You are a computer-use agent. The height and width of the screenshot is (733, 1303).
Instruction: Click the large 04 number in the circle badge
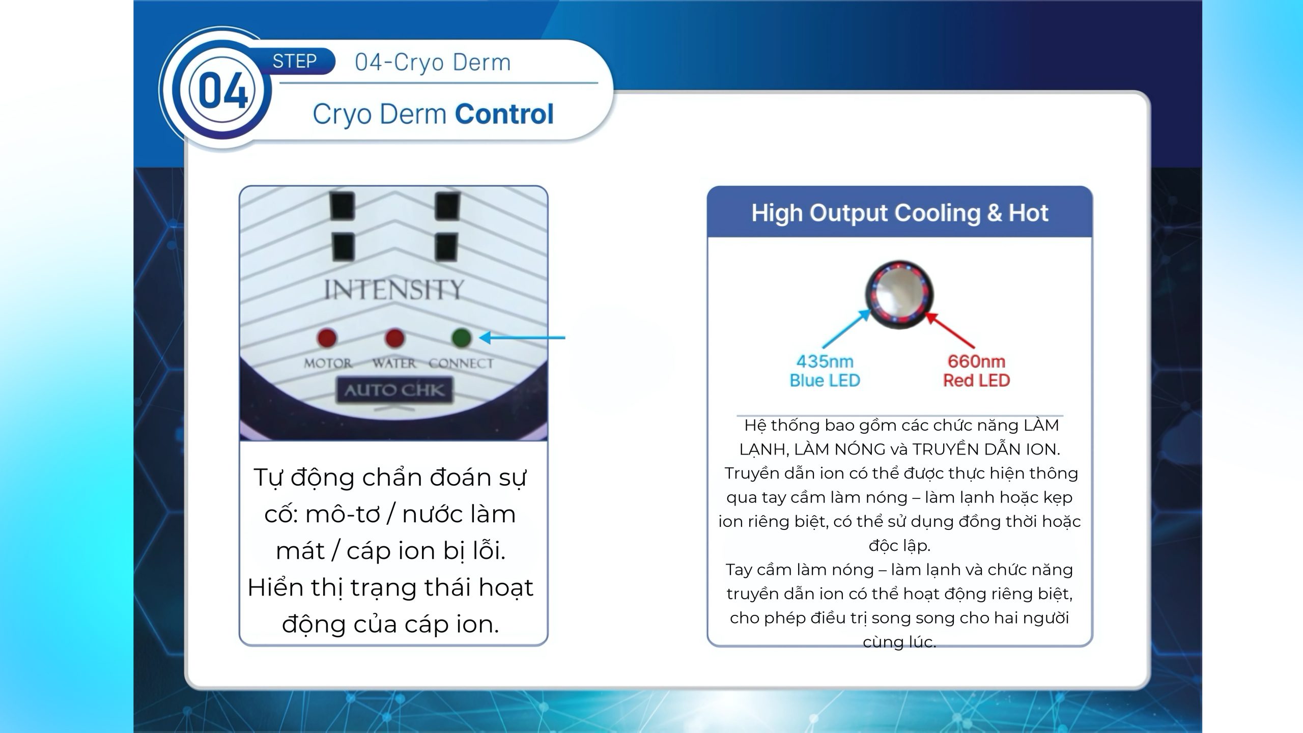[223, 91]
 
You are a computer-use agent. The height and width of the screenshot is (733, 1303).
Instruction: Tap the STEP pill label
[295, 61]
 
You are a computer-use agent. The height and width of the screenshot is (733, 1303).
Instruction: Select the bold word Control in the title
[504, 114]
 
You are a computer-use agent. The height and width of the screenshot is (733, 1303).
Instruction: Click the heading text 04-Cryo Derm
[433, 62]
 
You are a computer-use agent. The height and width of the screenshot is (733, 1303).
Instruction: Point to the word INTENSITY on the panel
[394, 290]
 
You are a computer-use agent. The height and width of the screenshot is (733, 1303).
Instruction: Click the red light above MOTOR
[327, 337]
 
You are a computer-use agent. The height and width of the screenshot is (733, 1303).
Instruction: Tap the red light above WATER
[394, 337]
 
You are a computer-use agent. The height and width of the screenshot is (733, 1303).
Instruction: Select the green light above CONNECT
[461, 337]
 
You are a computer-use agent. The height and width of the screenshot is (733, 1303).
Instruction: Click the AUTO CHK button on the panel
[394, 390]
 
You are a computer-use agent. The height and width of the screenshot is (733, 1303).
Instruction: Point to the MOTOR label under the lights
[328, 363]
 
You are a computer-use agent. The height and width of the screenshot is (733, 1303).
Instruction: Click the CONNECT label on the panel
[461, 363]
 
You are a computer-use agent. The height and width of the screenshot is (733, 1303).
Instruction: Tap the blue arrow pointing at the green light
[522, 337]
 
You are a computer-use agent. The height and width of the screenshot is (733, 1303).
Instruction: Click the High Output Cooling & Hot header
[900, 213]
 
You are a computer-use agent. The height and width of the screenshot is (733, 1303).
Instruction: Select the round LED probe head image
[899, 295]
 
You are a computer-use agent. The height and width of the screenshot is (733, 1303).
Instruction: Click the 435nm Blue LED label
[825, 371]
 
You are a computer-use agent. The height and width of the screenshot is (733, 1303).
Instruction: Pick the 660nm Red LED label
[976, 371]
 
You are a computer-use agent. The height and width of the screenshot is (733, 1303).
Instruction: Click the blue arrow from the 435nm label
[847, 329]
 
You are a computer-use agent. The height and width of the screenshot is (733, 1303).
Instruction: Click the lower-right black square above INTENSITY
[446, 248]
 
